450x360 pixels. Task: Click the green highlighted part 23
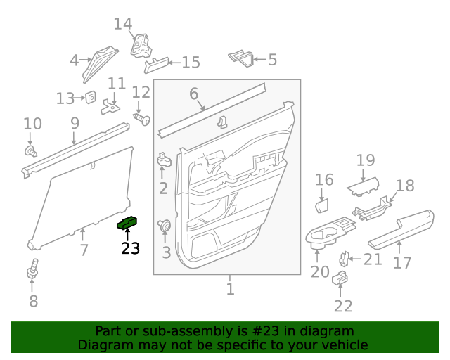tap(127, 223)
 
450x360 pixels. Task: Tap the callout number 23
tap(130, 248)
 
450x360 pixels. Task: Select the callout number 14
tap(123, 24)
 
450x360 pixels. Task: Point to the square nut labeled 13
tap(91, 98)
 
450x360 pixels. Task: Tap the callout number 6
tap(193, 93)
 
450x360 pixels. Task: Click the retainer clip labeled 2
tap(164, 160)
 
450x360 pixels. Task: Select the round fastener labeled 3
tap(167, 226)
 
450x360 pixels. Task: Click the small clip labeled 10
tap(30, 150)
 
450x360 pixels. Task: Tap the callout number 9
tap(75, 123)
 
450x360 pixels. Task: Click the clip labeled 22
tap(339, 278)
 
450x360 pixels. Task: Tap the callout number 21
tap(373, 260)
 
